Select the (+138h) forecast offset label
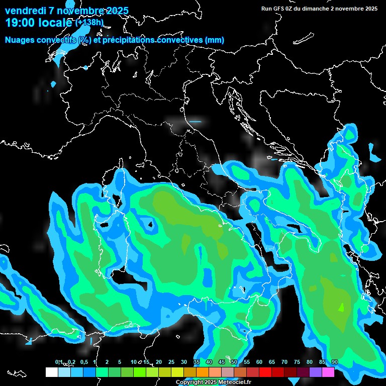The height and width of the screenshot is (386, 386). pos(89,23)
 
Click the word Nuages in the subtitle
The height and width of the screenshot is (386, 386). pos(20,40)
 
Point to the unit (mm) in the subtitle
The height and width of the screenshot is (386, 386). pos(214,40)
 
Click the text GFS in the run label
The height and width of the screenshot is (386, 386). pos(281,9)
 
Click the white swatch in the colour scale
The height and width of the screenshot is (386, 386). pos(51,372)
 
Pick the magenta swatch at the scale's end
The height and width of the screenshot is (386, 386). pos(328,372)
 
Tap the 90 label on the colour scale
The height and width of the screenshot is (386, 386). pos(335,362)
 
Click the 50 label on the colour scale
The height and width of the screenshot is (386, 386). pos(234,362)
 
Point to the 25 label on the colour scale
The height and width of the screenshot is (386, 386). pos(171,362)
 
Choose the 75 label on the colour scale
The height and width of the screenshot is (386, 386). pos(297,362)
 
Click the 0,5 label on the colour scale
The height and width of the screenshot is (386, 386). pos(83,362)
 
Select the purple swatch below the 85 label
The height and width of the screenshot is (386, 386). pos(316,372)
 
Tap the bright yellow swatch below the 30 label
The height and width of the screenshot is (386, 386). pos(177,372)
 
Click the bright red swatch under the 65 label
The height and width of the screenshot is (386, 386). pos(265,372)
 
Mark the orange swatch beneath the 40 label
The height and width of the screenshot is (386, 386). pos(203,372)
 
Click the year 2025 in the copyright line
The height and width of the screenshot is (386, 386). pos(211,382)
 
